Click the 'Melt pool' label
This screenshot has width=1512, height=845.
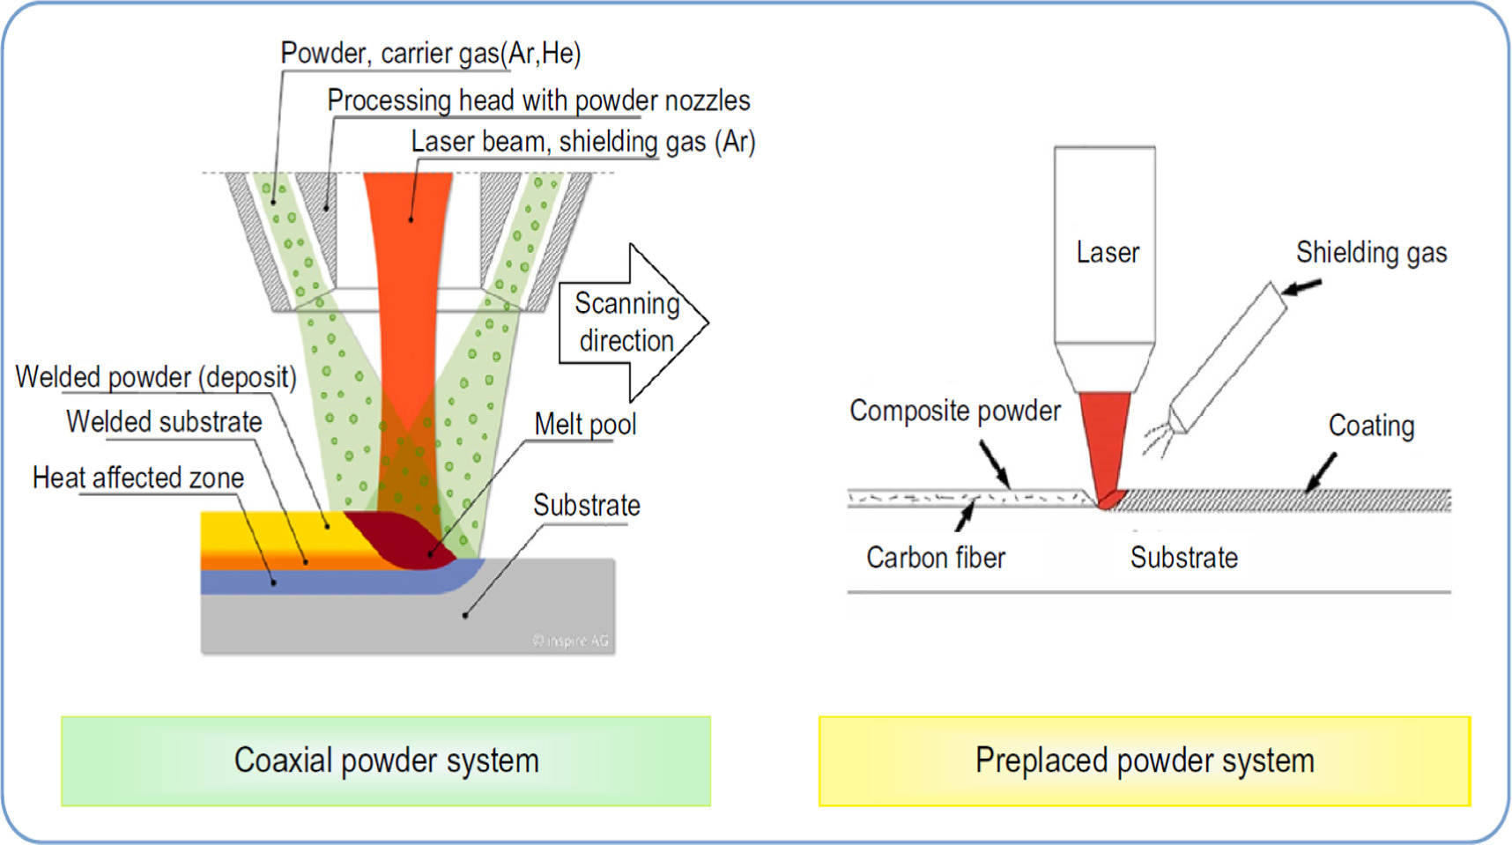pyautogui.click(x=585, y=424)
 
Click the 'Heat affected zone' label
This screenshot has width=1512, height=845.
pyautogui.click(x=138, y=478)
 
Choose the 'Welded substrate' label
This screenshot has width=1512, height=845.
pyautogui.click(x=164, y=421)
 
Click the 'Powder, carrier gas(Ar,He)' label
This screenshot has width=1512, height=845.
pyautogui.click(x=430, y=54)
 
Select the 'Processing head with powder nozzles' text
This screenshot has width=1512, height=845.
pyautogui.click(x=538, y=100)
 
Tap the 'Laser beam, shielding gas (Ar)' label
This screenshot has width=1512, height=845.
pyautogui.click(x=583, y=141)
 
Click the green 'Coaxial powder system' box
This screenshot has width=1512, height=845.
pyautogui.click(x=386, y=760)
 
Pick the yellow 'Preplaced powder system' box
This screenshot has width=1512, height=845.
pyautogui.click(x=1144, y=760)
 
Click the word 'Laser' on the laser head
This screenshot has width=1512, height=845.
pyautogui.click(x=1107, y=253)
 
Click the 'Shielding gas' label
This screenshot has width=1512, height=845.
pyautogui.click(x=1371, y=253)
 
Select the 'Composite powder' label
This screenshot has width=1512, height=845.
pyautogui.click(x=955, y=411)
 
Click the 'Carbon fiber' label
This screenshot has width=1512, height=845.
pyautogui.click(x=936, y=557)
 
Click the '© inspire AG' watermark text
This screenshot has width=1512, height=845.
pyautogui.click(x=570, y=641)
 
